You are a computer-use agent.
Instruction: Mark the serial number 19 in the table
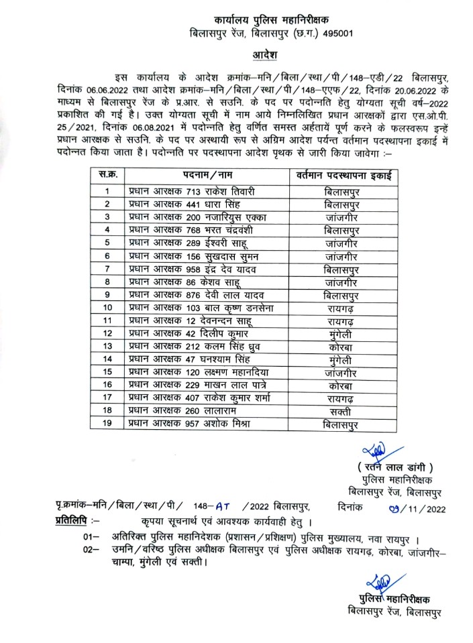107,424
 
